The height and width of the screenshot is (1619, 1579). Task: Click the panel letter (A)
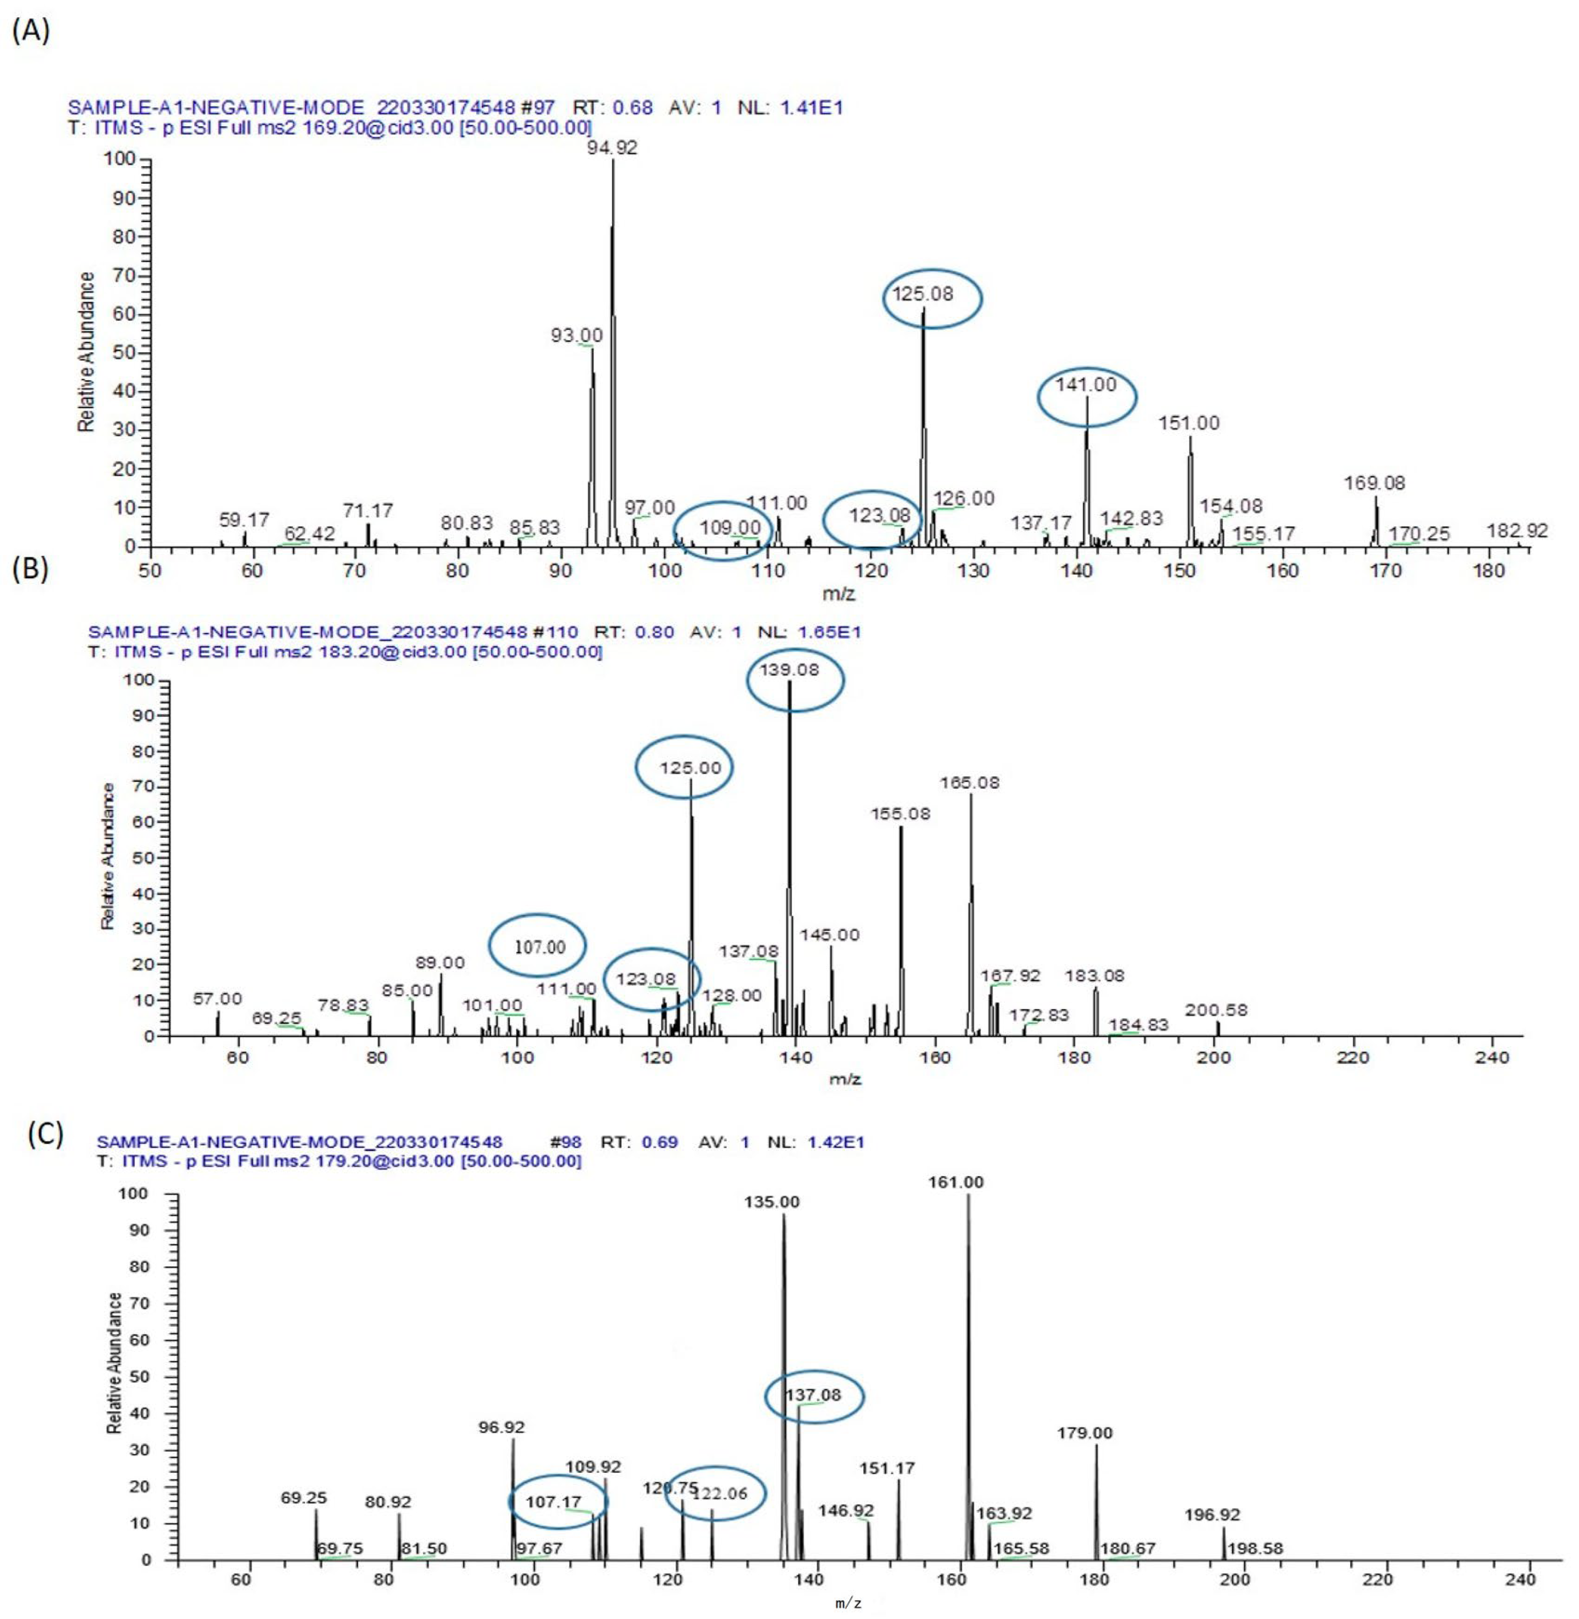31,32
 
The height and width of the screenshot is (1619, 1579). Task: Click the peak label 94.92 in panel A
612,147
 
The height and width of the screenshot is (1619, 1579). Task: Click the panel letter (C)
45,1133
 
